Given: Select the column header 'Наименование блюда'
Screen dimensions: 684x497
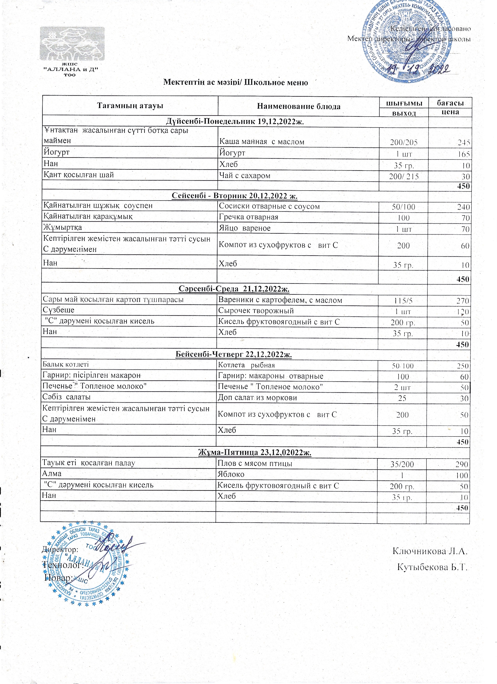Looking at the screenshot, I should [x=299, y=106].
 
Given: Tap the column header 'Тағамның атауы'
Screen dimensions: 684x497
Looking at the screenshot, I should [x=130, y=106].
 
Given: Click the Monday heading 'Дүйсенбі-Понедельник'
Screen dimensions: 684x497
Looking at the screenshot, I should [x=235, y=122].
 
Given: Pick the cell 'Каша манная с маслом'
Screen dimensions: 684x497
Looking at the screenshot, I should [x=262, y=142].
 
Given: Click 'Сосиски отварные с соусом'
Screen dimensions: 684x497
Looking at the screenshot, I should [x=269, y=206].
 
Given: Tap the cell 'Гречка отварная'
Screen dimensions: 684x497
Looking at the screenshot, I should [x=249, y=217].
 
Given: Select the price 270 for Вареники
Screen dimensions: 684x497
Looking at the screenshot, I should [x=463, y=301].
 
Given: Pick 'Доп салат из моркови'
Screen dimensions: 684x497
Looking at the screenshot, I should [x=257, y=398].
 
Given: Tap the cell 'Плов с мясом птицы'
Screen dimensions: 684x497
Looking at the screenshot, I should [x=255, y=463].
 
